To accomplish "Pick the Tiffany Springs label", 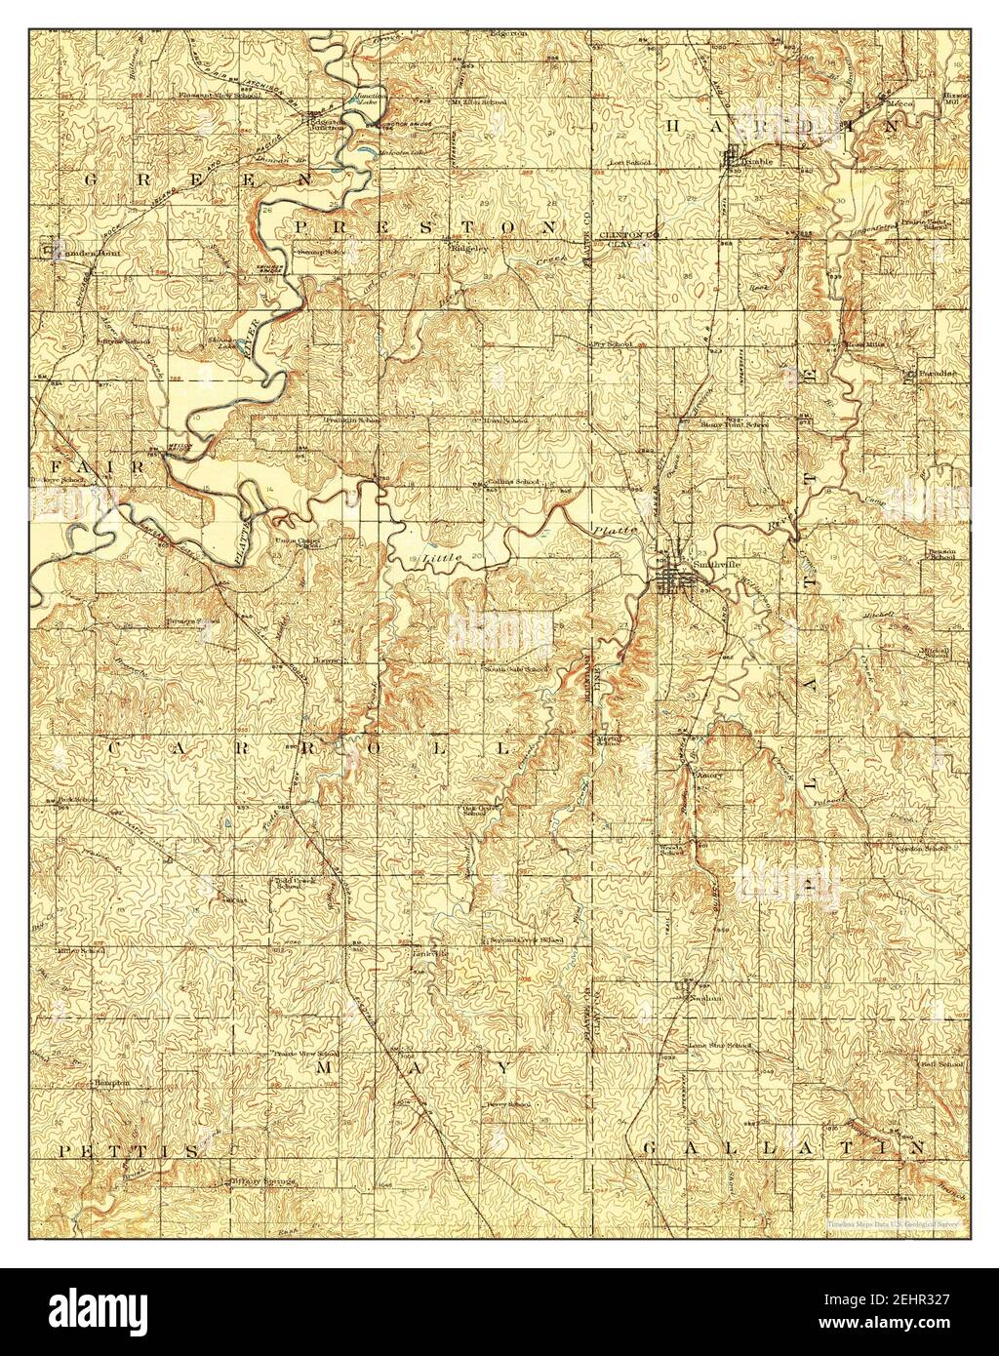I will tap(262, 1181).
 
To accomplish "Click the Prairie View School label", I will tap(306, 1055).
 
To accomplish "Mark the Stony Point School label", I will tap(734, 424).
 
